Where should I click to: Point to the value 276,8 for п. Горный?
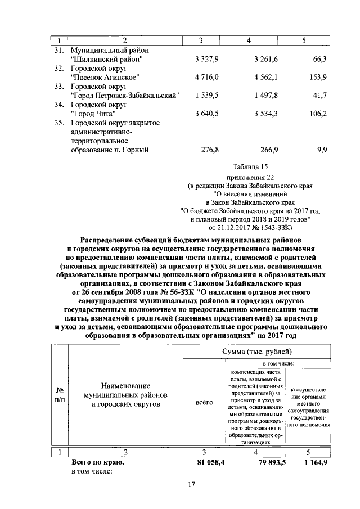pos(208,150)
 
